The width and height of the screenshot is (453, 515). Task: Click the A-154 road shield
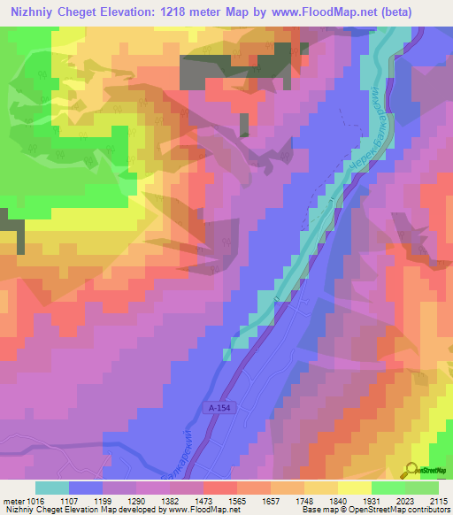[225, 407]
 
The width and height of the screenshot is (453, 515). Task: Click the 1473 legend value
[203, 501]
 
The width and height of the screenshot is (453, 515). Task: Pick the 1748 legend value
[304, 501]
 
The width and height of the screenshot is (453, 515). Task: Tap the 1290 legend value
[136, 501]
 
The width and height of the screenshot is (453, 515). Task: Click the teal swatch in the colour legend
[52, 488]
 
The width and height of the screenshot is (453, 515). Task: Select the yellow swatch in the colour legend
[355, 488]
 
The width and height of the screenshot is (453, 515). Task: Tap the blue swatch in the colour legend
[86, 488]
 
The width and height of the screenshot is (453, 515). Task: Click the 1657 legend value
[271, 501]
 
